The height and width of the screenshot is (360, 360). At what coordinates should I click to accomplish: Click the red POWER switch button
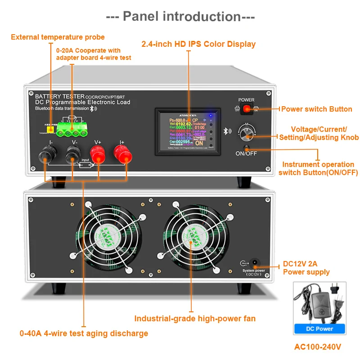coord(246,108)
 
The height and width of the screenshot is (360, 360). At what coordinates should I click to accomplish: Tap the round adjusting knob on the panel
coord(246,133)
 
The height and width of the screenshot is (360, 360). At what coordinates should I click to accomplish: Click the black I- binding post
coord(46,157)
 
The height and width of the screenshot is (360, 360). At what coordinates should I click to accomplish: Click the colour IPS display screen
coord(188,131)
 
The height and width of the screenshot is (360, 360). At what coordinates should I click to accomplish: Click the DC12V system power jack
coord(254,262)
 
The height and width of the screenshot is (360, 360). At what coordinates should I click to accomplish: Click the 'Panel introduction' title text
coord(180,17)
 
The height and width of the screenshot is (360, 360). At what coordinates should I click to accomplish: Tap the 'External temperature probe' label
coord(58,37)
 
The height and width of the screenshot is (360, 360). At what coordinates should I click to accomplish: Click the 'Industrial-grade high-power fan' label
coord(195,319)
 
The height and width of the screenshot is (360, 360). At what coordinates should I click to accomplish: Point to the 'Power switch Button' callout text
coord(316,109)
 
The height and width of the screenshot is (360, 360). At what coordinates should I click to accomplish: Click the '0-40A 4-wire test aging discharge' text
coord(84,333)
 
